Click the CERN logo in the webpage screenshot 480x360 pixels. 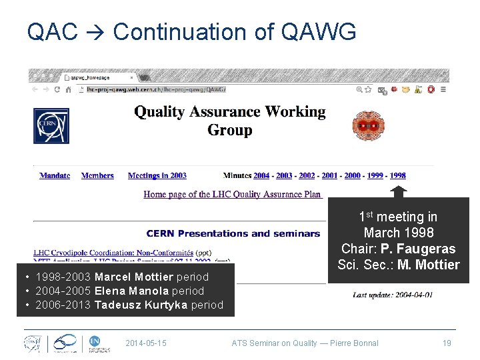[51, 125]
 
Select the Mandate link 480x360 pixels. [55, 176]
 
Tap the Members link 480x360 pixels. [97, 176]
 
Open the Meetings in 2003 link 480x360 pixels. [157, 176]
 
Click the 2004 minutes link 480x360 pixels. [261, 176]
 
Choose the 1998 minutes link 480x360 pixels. [397, 176]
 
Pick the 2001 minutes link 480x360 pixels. [329, 176]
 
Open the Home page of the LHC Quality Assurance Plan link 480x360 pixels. [233, 195]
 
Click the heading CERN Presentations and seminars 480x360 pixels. [233, 233]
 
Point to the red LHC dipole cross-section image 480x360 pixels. [364, 125]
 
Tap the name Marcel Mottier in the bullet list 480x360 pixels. [133, 277]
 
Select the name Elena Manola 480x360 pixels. [131, 291]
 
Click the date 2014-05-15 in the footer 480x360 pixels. [146, 343]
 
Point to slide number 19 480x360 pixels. [447, 343]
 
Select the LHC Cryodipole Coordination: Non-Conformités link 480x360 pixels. [113, 253]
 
